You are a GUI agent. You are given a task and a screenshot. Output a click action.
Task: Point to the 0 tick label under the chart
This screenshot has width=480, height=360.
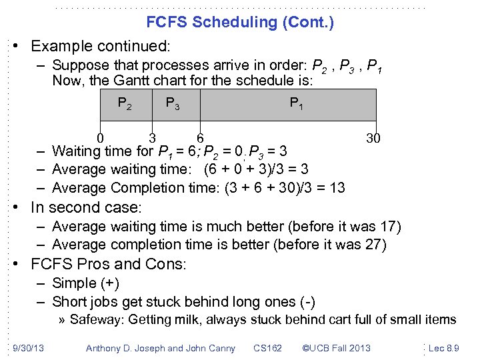[x=99, y=138]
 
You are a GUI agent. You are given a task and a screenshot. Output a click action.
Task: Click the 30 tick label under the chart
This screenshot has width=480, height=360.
[x=374, y=138]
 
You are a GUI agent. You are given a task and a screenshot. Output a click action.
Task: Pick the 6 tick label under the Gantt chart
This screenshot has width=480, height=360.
[x=199, y=138]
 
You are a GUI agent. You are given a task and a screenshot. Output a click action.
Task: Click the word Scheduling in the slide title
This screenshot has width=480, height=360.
[x=234, y=22]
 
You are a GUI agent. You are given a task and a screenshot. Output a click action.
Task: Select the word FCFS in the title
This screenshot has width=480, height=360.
[x=167, y=22]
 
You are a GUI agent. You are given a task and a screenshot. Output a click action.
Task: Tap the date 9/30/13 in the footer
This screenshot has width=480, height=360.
[x=27, y=347]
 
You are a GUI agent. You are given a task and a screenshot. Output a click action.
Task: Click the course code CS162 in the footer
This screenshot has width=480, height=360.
[x=268, y=347]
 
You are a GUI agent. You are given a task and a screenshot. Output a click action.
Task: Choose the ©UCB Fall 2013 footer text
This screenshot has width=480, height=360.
[x=336, y=347]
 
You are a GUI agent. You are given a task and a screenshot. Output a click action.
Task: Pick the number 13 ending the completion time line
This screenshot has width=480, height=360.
[x=337, y=187]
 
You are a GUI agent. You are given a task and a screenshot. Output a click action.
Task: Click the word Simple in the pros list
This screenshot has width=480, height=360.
[x=73, y=283]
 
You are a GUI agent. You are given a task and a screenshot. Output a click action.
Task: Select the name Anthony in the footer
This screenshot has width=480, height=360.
[x=105, y=347]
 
